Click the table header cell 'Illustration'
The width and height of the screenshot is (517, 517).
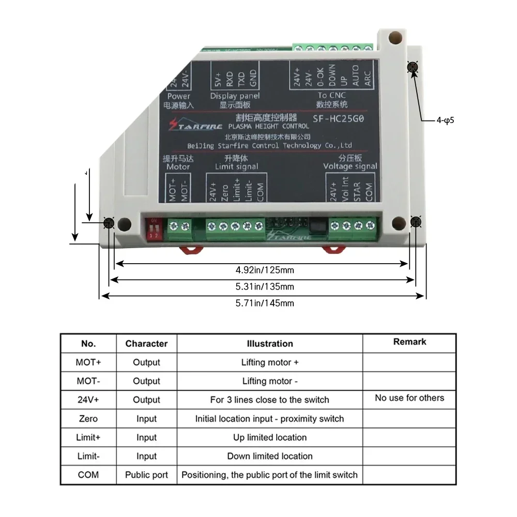click(269, 344)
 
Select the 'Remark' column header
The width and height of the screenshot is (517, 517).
click(409, 342)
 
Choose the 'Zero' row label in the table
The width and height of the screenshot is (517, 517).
click(88, 418)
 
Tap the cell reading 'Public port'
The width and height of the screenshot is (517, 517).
click(146, 475)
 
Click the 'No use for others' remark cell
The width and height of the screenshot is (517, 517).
click(409, 398)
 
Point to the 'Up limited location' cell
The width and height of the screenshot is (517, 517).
click(269, 437)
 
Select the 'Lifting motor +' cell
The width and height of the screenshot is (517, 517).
click(269, 362)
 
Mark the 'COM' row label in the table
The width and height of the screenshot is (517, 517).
click(88, 475)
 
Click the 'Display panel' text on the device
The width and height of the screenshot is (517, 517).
click(235, 96)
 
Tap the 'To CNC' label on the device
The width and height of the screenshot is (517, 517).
click(331, 95)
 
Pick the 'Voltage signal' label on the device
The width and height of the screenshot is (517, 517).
click(350, 166)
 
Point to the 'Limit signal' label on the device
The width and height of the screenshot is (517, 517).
click(236, 166)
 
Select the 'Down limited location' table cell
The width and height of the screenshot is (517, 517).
click(269, 456)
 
